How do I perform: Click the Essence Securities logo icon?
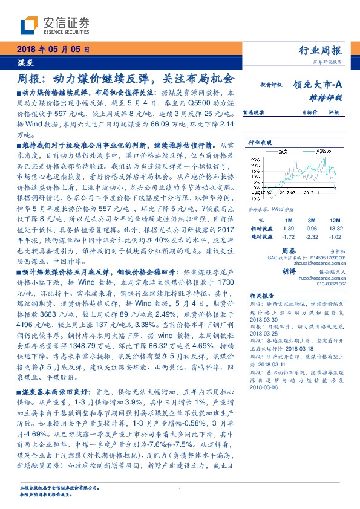pyautogui.click(x=29, y=25)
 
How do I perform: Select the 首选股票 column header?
pyautogui.click(x=258, y=112)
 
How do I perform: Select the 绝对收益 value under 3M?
pyautogui.click(x=312, y=237)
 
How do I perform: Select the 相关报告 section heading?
pyautogui.click(x=263, y=295)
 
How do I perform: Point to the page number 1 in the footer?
pyautogui.click(x=180, y=490)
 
